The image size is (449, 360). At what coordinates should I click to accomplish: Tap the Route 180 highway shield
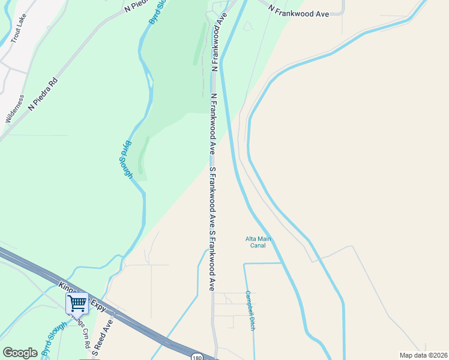197,356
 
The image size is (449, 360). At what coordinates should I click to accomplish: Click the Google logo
20,352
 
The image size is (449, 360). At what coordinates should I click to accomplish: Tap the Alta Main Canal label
258,242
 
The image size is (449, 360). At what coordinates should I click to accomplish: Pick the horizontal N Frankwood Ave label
298,10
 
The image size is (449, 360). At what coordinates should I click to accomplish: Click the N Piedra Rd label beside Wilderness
43,94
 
